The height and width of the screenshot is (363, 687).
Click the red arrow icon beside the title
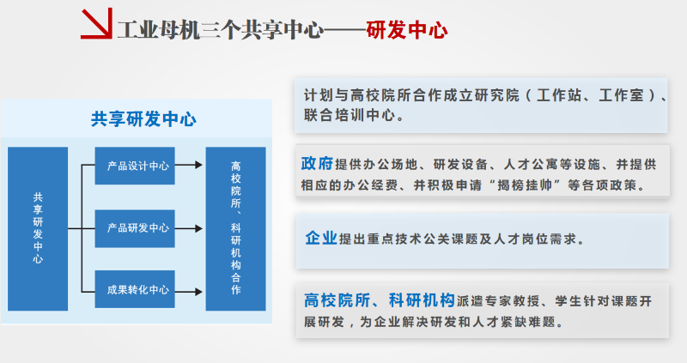(97, 24)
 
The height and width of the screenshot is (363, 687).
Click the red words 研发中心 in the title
(406, 30)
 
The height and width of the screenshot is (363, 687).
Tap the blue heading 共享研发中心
(143, 119)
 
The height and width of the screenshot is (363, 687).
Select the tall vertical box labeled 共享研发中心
(38, 228)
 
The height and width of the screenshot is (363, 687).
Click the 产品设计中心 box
(135, 166)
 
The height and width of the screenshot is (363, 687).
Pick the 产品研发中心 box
(135, 228)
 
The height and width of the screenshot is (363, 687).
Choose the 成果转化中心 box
(135, 289)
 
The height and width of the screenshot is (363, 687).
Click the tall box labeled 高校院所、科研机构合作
(235, 228)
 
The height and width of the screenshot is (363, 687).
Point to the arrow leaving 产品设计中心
(189, 165)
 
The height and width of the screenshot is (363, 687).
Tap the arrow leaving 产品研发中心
(189, 228)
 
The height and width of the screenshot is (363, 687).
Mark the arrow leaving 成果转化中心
(189, 292)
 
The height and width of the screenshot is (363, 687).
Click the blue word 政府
(317, 163)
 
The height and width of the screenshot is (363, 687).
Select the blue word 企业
(321, 238)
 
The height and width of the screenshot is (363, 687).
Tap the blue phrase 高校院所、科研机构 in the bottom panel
(380, 300)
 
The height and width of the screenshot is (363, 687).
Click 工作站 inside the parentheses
(559, 95)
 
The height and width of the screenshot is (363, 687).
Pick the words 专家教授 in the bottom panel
(512, 301)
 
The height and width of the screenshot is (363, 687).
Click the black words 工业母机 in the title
(159, 30)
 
